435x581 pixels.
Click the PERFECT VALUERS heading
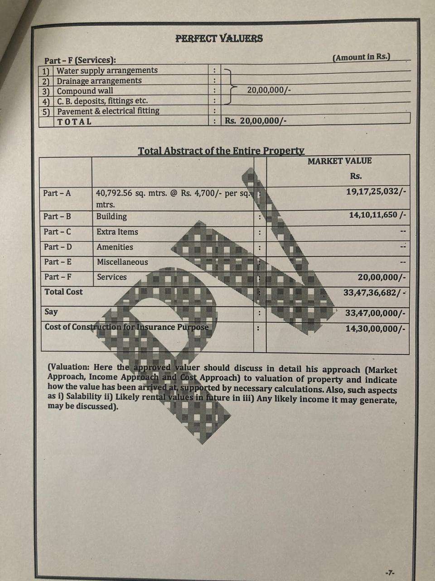click(x=219, y=38)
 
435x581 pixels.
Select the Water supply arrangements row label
click(x=107, y=70)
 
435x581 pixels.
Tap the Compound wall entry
click(x=85, y=91)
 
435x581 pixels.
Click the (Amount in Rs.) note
click(x=361, y=57)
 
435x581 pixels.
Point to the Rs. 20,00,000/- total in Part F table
click(x=256, y=121)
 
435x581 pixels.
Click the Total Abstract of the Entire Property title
click(x=221, y=151)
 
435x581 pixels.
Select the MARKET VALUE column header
click(x=339, y=161)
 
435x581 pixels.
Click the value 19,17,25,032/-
click(x=376, y=192)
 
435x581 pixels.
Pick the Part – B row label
click(x=57, y=217)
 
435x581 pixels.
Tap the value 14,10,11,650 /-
click(x=377, y=215)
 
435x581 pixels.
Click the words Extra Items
click(x=117, y=232)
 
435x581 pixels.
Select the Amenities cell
click(x=115, y=247)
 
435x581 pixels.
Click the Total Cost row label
click(x=63, y=292)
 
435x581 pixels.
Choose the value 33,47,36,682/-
click(x=375, y=292)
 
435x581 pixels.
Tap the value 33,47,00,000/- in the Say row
click(x=375, y=313)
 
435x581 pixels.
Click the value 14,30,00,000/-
click(x=375, y=328)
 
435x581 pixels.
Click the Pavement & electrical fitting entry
click(x=108, y=111)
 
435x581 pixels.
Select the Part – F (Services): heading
click(x=80, y=60)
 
